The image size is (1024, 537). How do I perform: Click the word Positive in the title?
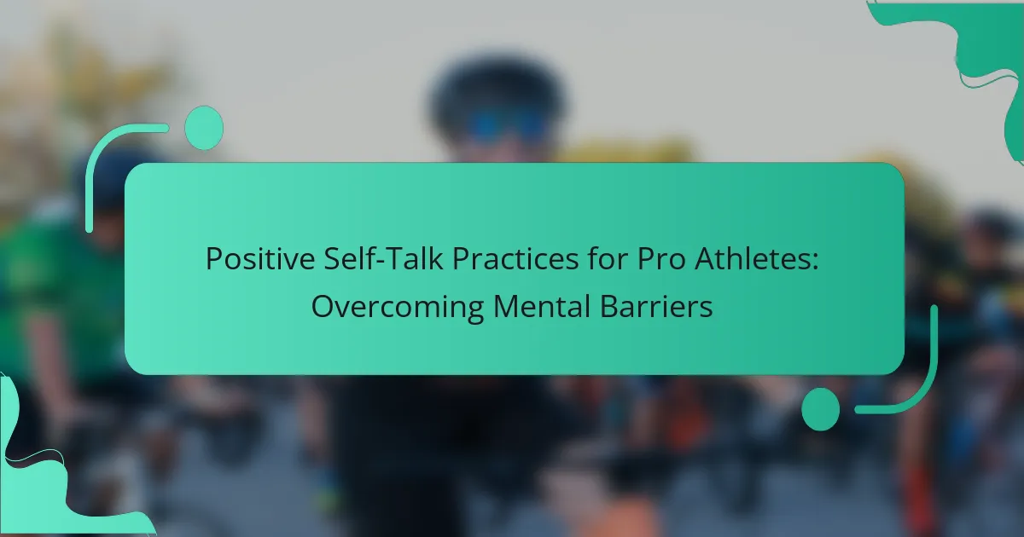[x=260, y=259]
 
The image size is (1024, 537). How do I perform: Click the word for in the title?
[x=608, y=258]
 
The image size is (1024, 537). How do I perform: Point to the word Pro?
[x=661, y=259]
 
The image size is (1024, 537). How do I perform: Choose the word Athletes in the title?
[x=752, y=258]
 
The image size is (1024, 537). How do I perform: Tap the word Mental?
[x=542, y=306]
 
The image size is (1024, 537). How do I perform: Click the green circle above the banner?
[x=204, y=128]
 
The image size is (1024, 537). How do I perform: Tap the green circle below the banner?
[x=821, y=409]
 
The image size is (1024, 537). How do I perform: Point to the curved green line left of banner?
[x=103, y=151]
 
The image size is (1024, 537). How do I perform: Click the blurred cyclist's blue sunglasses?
[x=506, y=124]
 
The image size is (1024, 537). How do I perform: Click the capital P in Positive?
[x=214, y=259]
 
